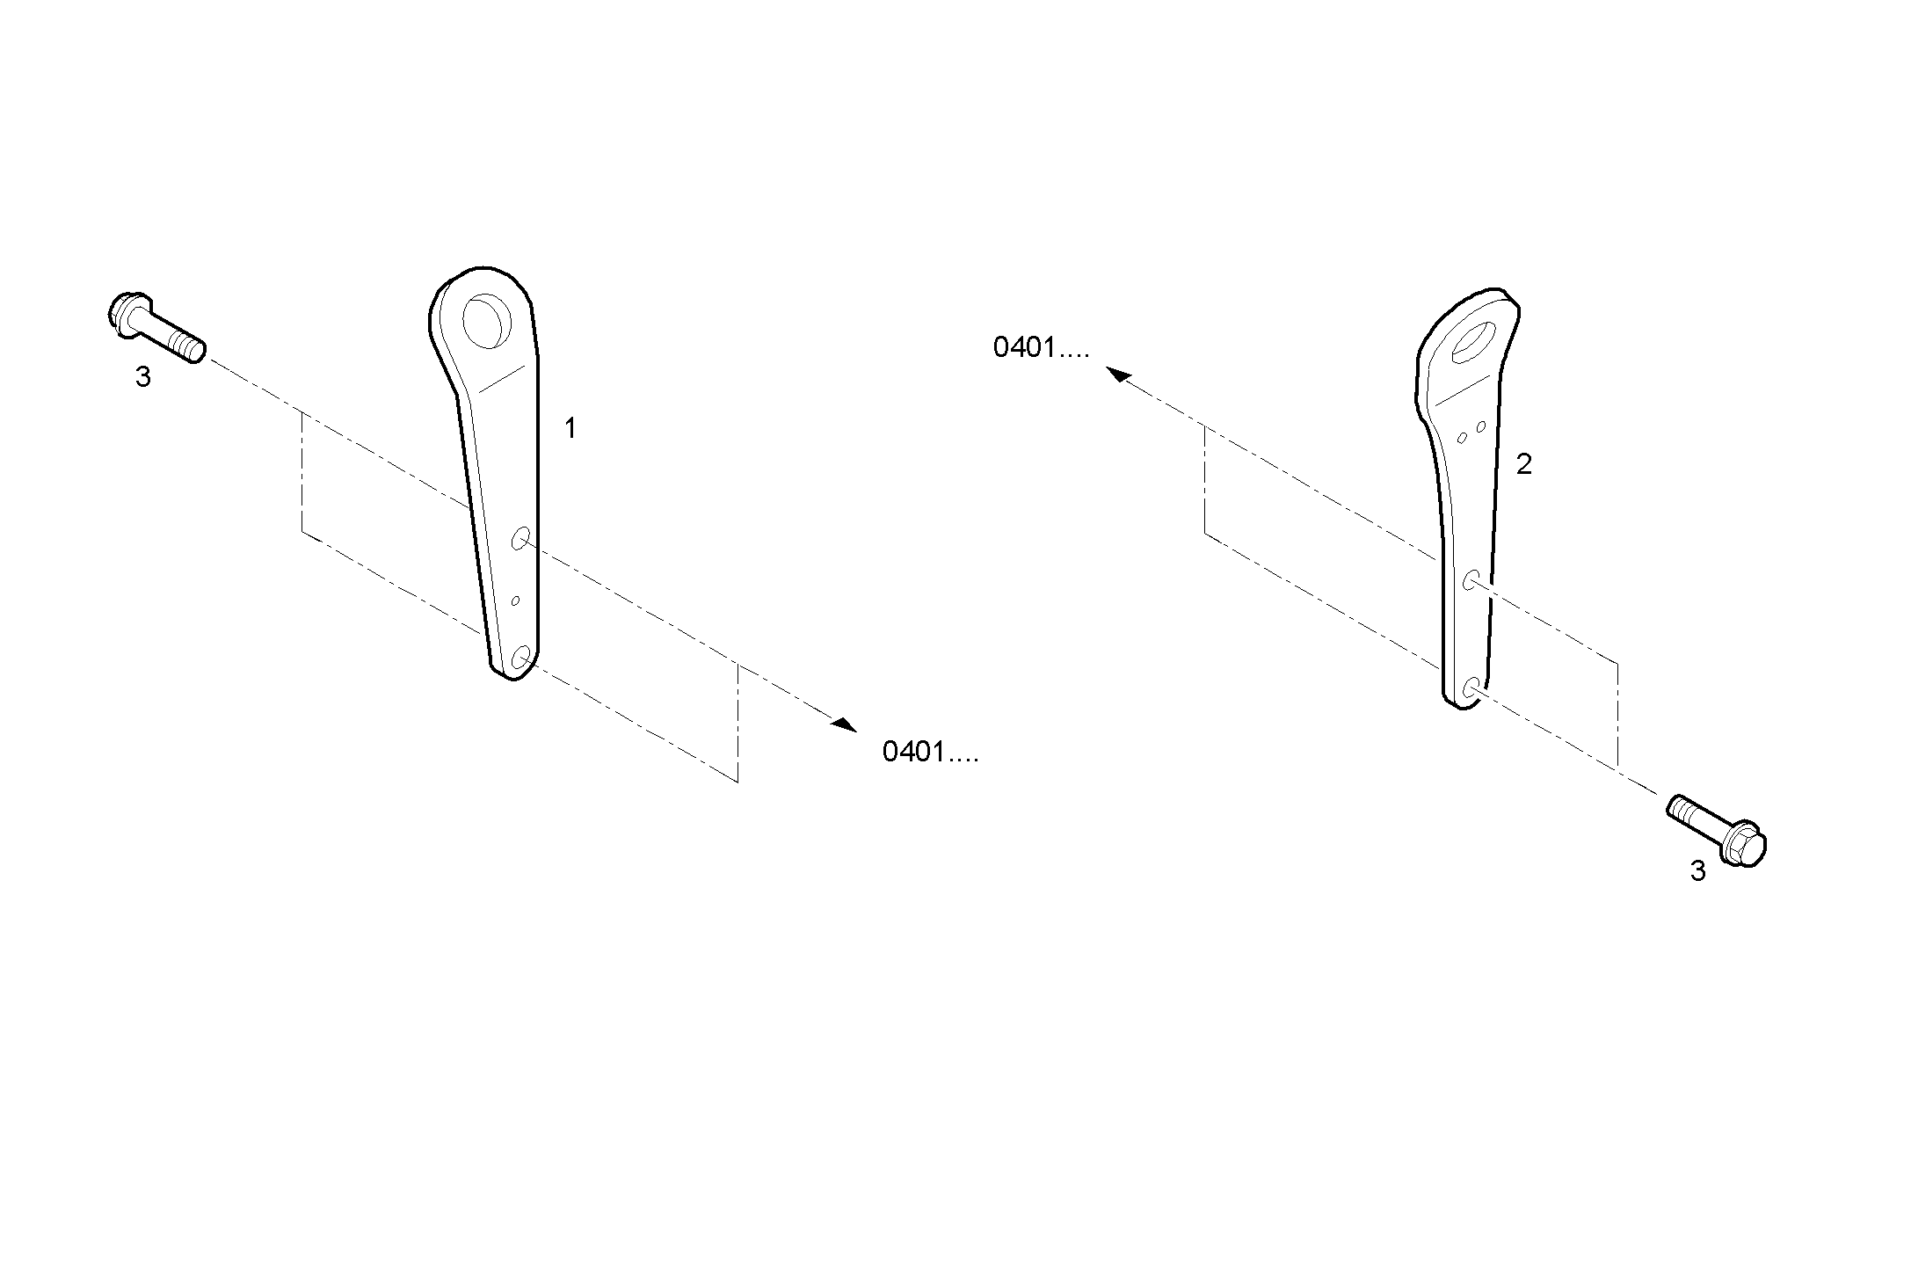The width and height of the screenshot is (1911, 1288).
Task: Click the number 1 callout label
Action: (570, 429)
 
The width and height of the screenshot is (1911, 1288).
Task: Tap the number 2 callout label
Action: (1524, 464)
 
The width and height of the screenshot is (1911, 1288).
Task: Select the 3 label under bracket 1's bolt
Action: (142, 377)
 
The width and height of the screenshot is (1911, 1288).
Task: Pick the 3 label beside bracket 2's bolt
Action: (1697, 871)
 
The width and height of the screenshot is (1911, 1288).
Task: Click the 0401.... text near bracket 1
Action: (930, 752)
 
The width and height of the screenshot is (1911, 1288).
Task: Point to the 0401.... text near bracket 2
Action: (1041, 348)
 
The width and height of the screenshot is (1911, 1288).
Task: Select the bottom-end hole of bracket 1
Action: (520, 657)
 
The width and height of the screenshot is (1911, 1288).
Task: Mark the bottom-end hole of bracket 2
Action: (1471, 688)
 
